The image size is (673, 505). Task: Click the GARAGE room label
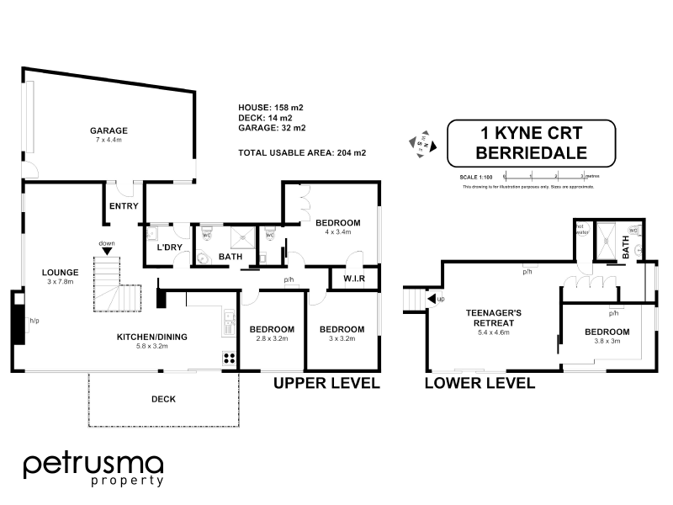coord(109,130)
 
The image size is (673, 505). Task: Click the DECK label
coord(163,399)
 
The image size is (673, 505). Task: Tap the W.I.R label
coord(353,279)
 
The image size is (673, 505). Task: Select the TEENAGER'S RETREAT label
coord(495,317)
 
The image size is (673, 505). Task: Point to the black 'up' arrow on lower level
coord(432,299)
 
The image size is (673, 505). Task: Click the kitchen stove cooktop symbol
coord(229,358)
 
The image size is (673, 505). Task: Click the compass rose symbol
coord(421,143)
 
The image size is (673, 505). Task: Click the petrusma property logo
coord(93,470)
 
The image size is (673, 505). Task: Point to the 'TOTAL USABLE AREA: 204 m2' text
coord(303,152)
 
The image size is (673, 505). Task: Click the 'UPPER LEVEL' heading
coord(327,383)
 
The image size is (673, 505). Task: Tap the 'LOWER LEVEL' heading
coord(480,383)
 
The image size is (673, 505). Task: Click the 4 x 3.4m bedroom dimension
coord(337,233)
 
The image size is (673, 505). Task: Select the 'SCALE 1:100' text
coord(475,177)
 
